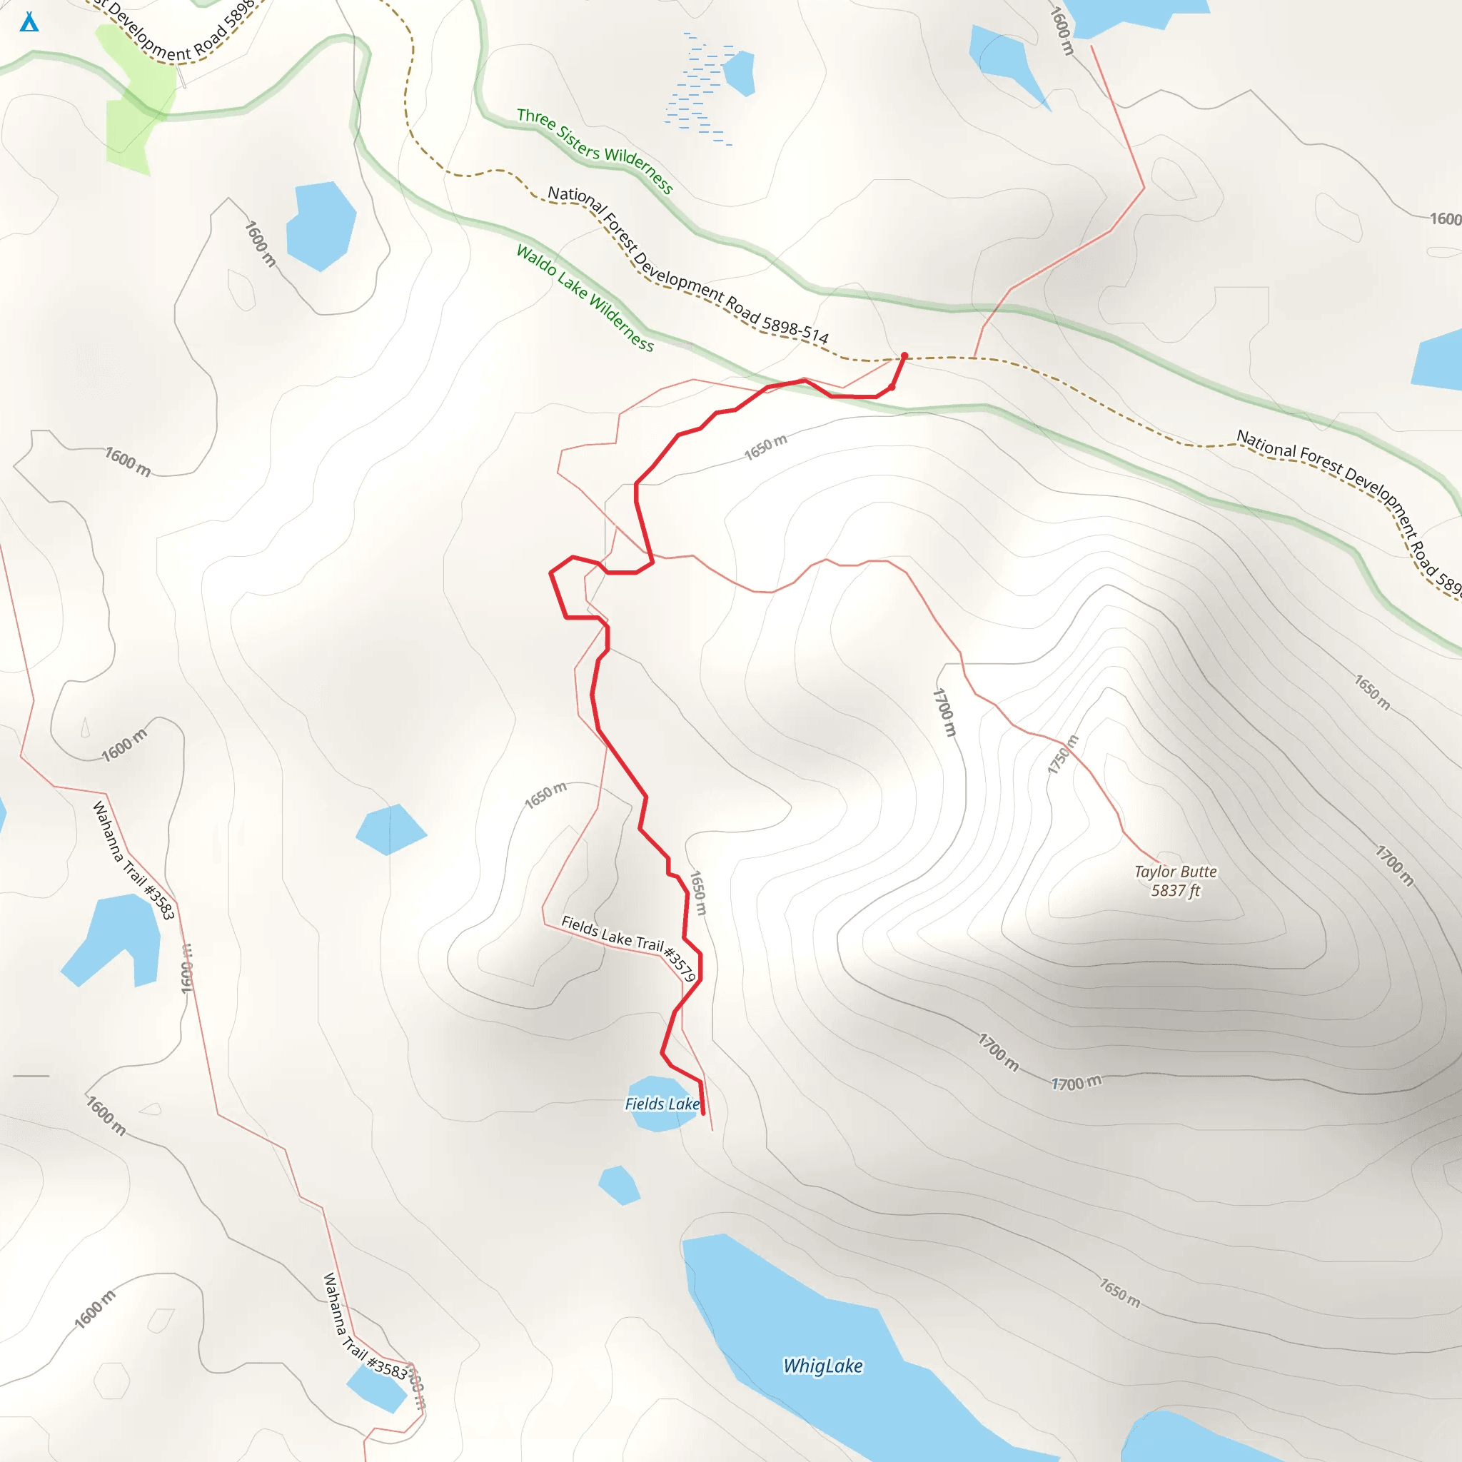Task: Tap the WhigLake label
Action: tap(822, 1366)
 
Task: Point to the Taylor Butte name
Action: tap(1175, 872)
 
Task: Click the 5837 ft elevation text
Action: tap(1175, 891)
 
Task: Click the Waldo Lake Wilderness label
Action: tap(585, 298)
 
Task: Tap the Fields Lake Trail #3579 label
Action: tap(628, 947)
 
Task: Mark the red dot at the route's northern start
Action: tap(904, 356)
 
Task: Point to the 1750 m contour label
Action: tap(1062, 755)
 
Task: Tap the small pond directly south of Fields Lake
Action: tap(619, 1185)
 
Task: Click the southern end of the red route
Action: tap(703, 1113)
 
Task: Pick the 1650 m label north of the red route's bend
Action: tap(765, 447)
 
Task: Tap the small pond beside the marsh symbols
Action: tap(740, 73)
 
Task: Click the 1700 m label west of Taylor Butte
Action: tap(944, 711)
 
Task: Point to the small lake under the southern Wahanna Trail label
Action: tap(376, 1389)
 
